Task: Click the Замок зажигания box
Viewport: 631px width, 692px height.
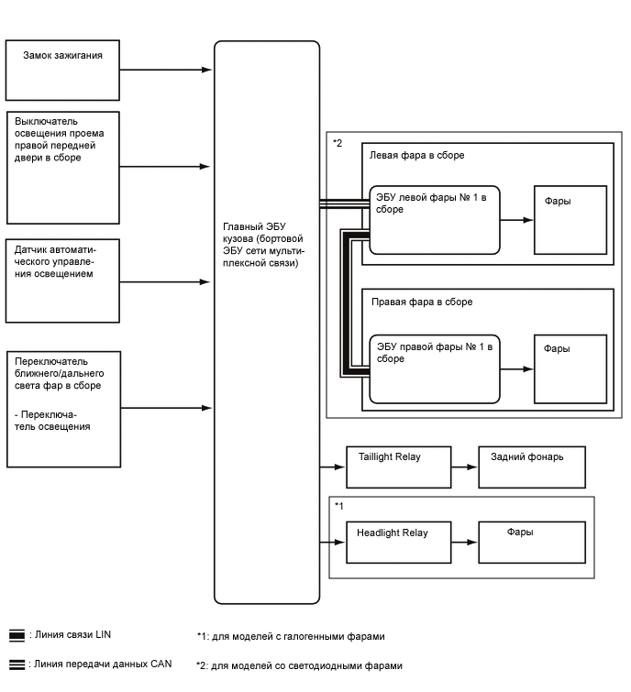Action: click(x=62, y=70)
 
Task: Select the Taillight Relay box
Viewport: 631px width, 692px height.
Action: click(x=399, y=467)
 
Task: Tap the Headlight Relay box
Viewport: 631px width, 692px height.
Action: click(x=399, y=542)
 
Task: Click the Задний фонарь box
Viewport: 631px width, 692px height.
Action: click(x=532, y=467)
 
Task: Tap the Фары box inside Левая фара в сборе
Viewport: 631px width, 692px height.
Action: click(x=570, y=220)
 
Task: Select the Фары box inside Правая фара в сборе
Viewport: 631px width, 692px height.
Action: click(x=570, y=369)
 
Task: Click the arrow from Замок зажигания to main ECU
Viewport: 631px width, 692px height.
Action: click(x=165, y=70)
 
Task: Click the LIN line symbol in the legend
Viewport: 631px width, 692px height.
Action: click(x=17, y=634)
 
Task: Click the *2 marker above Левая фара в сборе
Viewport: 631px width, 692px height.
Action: click(x=338, y=143)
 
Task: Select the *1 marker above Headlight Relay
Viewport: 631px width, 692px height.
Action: click(x=339, y=506)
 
